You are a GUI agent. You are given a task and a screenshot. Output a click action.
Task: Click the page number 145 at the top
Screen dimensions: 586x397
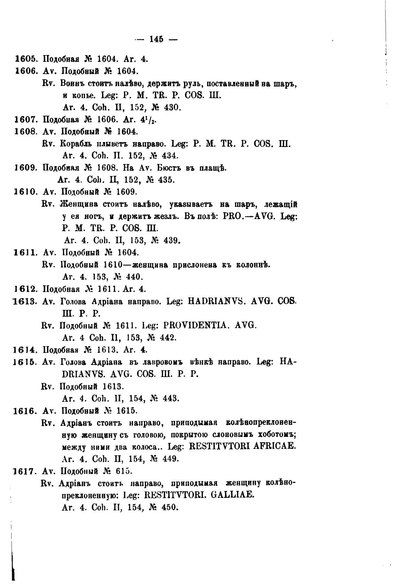pyautogui.click(x=156, y=39)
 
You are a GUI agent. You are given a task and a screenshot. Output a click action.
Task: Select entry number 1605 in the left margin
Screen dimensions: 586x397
pyautogui.click(x=26, y=59)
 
